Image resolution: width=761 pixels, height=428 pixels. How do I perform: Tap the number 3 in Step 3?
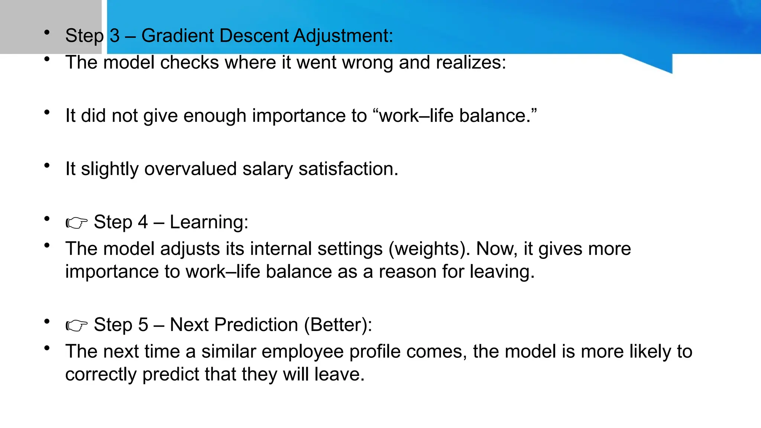[114, 36]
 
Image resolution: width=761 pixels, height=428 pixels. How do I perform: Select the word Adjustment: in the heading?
[343, 36]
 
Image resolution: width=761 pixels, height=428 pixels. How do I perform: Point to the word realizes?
[471, 62]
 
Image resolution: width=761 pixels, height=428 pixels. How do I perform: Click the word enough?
[214, 116]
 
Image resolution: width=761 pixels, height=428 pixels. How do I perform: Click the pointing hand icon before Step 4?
[77, 223]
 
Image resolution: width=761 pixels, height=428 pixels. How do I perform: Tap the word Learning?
[209, 222]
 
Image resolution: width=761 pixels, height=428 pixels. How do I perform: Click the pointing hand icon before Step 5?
[77, 325]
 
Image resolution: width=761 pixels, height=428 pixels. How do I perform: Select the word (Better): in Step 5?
[338, 325]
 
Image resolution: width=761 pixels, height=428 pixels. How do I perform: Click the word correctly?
[101, 374]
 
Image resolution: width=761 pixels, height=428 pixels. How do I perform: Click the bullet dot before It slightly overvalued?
[47, 166]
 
